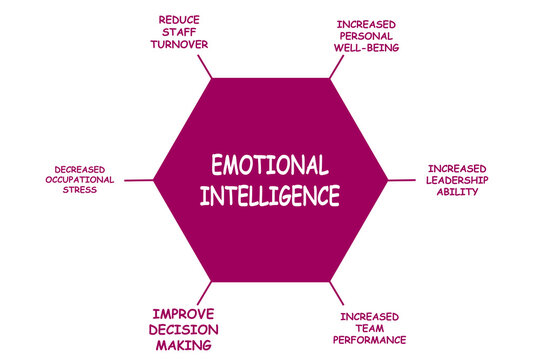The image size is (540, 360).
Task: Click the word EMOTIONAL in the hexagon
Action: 270,165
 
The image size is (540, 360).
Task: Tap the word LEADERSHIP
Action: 457,180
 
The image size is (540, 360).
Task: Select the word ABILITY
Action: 457,192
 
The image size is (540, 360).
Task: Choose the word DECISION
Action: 184,329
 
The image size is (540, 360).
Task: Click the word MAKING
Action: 184,345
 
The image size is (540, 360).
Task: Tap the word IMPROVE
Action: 184,312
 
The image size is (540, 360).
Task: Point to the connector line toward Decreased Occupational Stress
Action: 140,180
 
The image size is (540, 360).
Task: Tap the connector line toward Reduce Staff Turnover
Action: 205,67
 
